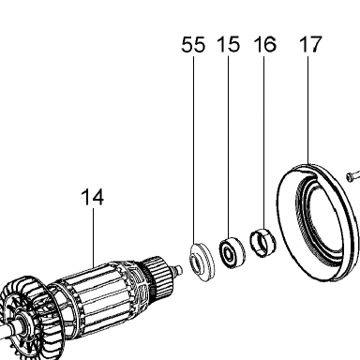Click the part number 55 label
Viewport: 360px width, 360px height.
tap(193, 44)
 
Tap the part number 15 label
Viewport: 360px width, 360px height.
tap(229, 44)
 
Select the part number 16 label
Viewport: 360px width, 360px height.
tap(264, 44)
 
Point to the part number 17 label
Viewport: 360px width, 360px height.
tap(310, 44)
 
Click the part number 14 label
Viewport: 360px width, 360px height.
tap(92, 197)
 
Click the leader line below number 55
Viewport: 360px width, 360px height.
tap(193, 150)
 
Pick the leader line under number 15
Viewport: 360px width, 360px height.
tap(229, 146)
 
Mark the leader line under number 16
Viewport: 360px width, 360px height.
tap(263, 142)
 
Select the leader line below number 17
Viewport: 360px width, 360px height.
tap(308, 110)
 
